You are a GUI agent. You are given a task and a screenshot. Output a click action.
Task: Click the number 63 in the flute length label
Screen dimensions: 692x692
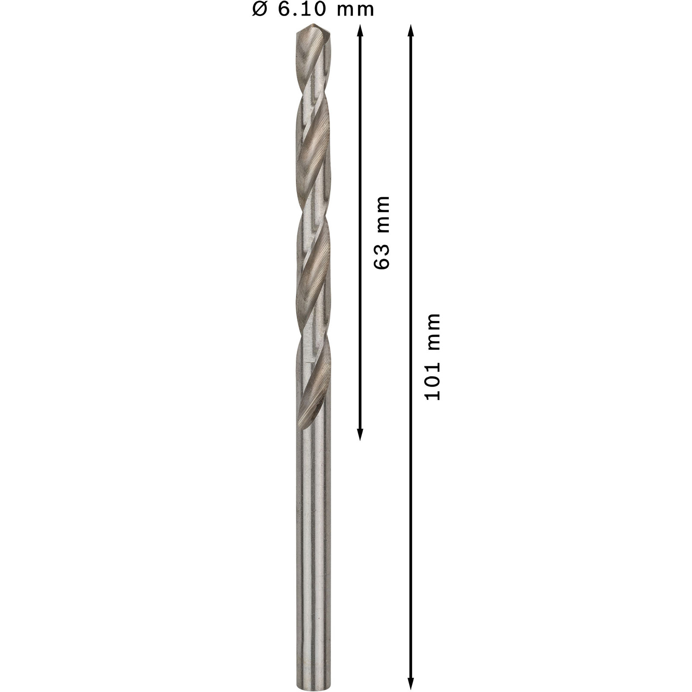[x=382, y=256]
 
